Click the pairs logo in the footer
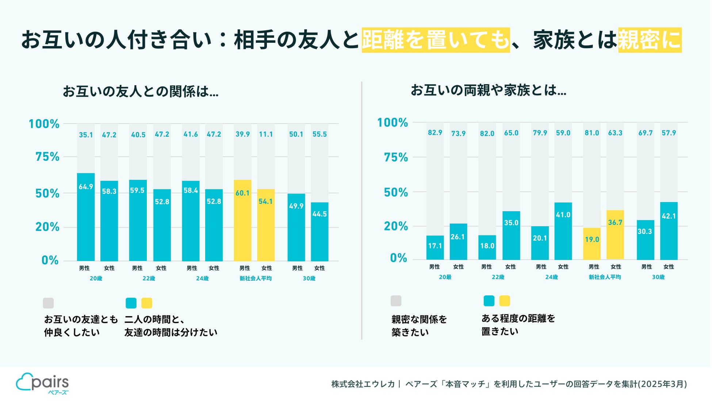point(42,383)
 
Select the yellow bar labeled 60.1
point(242,220)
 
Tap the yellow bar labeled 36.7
point(615,235)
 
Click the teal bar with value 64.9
point(86,217)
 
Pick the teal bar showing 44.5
point(319,231)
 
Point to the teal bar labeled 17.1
point(435,247)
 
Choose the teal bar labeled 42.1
point(669,231)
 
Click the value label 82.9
point(435,133)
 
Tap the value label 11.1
point(266,134)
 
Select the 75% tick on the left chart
point(47,157)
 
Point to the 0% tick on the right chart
point(398,258)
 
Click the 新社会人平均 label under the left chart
point(256,279)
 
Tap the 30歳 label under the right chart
point(658,277)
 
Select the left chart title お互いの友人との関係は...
point(141,91)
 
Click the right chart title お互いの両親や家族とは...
point(489,90)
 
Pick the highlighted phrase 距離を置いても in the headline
point(436,40)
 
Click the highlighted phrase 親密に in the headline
point(650,40)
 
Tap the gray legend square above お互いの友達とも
point(48,303)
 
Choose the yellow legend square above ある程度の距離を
point(504,301)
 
